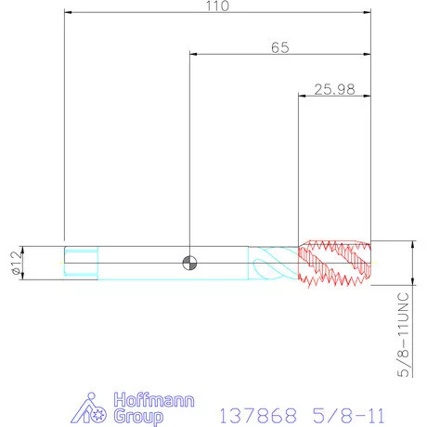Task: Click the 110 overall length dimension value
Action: click(x=217, y=6)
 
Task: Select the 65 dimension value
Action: click(x=280, y=47)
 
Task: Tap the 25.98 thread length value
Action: click(x=334, y=89)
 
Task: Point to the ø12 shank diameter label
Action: click(x=16, y=263)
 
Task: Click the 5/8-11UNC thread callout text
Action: click(x=404, y=334)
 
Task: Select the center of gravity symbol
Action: click(x=189, y=263)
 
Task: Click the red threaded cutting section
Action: click(x=334, y=263)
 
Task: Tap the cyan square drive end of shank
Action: click(x=81, y=263)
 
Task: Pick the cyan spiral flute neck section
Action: click(x=273, y=264)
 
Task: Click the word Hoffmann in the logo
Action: click(x=154, y=400)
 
